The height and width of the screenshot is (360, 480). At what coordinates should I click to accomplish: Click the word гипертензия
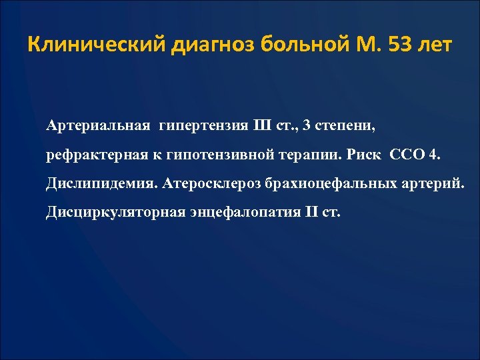[x=203, y=125]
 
